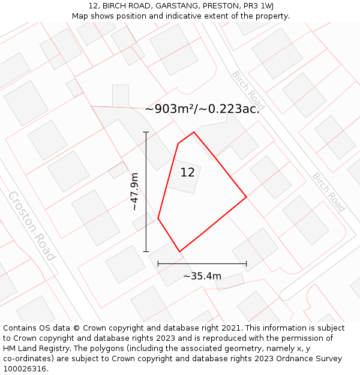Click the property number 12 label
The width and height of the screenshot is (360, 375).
click(x=187, y=173)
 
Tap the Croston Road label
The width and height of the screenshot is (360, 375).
click(x=32, y=226)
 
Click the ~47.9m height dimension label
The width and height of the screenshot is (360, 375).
click(x=134, y=191)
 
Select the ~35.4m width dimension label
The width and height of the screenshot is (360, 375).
click(x=202, y=276)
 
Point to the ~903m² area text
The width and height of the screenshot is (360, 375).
click(x=202, y=109)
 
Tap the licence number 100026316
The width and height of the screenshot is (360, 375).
click(x=26, y=368)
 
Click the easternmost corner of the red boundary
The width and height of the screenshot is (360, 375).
click(x=247, y=197)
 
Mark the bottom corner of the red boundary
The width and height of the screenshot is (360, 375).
click(x=179, y=251)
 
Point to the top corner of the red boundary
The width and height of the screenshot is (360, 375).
click(x=194, y=132)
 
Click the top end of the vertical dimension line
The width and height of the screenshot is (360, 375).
click(x=146, y=132)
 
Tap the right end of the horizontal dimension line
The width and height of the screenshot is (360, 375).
click(x=247, y=263)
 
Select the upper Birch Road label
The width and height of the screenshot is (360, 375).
click(x=248, y=91)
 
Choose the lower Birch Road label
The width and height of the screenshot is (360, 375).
click(x=329, y=192)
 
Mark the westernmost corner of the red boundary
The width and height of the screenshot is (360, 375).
click(x=158, y=218)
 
